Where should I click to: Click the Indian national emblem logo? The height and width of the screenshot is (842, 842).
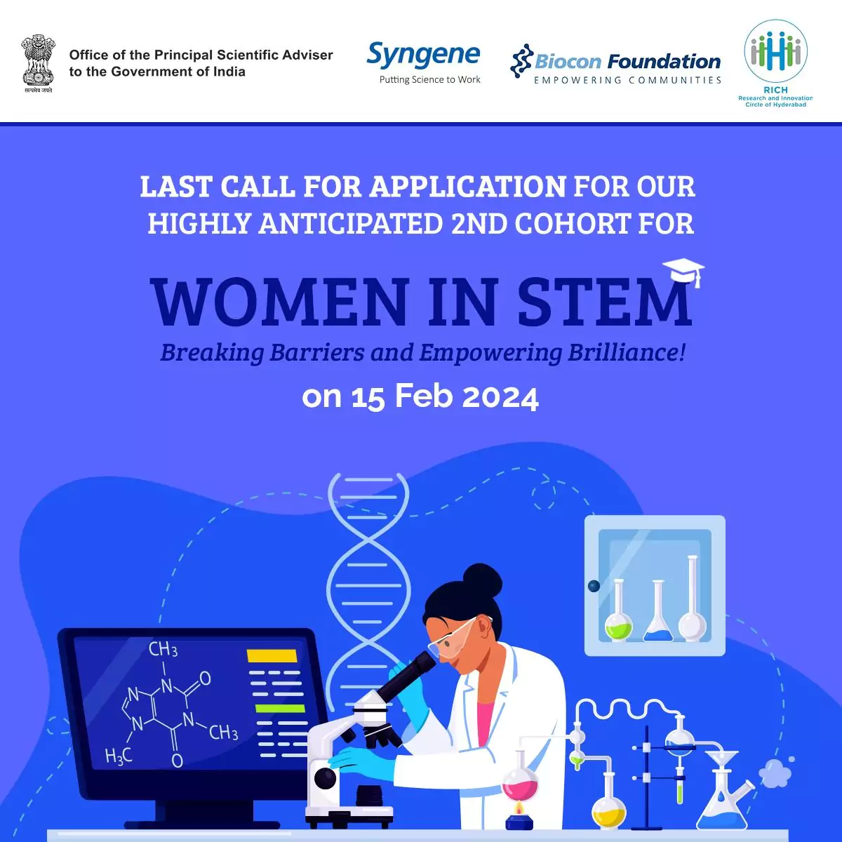[x=38, y=64]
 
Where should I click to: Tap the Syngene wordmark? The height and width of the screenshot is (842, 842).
[x=423, y=55]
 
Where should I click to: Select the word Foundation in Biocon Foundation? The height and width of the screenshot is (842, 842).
[x=664, y=62]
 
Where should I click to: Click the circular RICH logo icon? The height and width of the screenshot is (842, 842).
[x=775, y=51]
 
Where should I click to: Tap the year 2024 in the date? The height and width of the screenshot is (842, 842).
[x=500, y=397]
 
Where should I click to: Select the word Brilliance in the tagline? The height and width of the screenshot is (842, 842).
[x=627, y=352]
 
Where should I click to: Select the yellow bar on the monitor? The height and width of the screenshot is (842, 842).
[x=272, y=655]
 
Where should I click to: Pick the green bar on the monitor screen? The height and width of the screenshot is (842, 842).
[x=280, y=708]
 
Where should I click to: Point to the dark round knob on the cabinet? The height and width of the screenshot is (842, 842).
[x=594, y=586]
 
